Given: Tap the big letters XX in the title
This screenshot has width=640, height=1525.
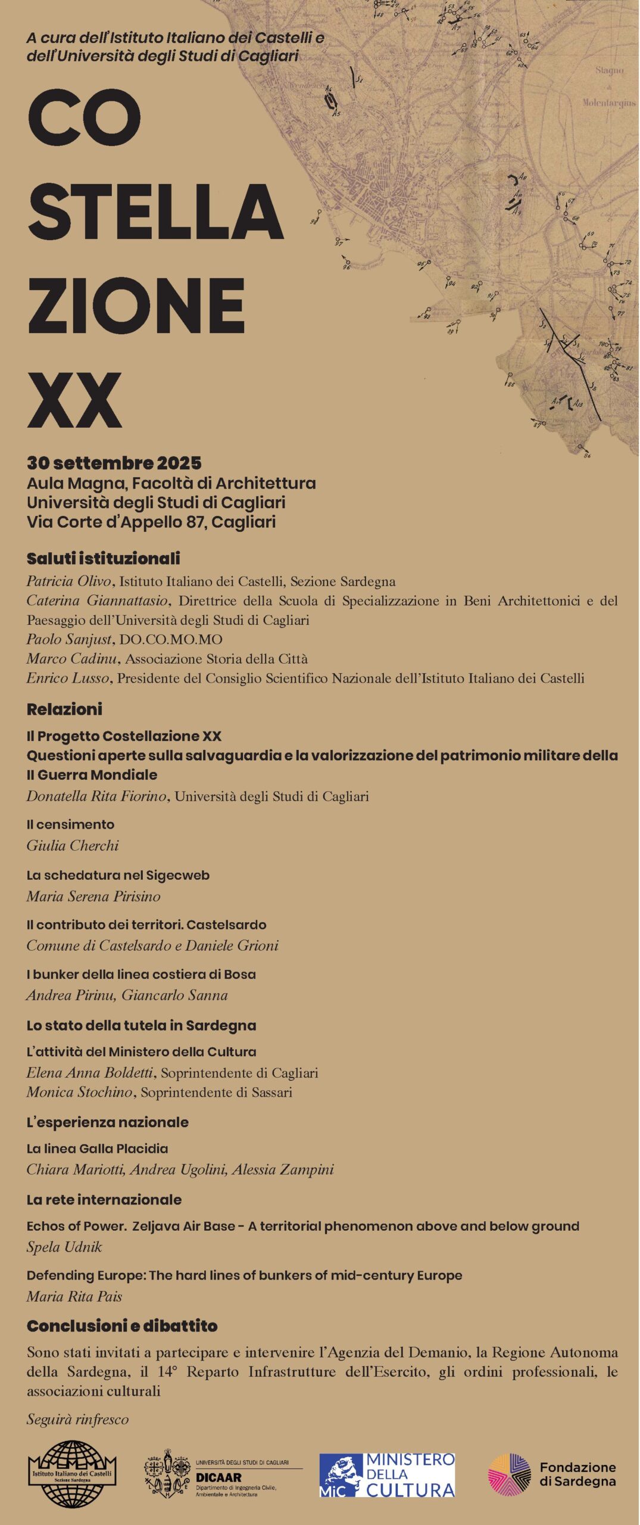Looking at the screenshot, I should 74,400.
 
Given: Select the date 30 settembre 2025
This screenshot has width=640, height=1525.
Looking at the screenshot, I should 114,463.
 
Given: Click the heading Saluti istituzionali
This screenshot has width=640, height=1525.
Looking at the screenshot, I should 103,559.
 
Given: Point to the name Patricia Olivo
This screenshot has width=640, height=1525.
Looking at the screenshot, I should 70,581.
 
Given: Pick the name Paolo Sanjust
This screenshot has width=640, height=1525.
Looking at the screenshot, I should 69,640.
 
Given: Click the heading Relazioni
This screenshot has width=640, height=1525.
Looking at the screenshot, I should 64,709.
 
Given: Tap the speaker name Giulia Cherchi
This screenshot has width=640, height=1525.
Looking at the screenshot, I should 72,846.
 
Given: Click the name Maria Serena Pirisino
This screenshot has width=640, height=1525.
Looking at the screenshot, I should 93,897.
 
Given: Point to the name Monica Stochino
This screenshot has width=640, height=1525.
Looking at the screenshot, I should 79,1093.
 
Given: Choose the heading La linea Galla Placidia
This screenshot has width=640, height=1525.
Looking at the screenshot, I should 97,1149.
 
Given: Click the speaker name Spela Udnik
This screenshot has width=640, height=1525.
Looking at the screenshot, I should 64,1247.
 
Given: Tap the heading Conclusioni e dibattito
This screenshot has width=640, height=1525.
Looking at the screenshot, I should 122,1326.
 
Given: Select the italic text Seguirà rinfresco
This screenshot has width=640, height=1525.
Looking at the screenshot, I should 77,1420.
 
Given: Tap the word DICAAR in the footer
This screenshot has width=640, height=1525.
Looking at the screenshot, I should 218,1477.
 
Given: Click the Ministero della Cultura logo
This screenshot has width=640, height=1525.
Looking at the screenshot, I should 387,1475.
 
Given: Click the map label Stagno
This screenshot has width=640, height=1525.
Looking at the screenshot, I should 609,70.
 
